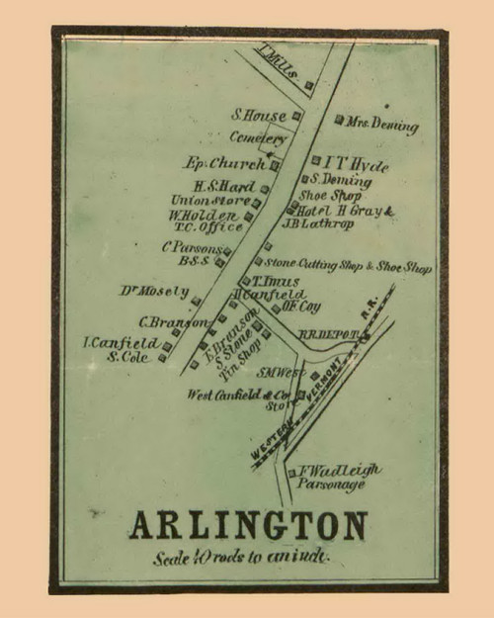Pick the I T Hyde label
coord(346,160)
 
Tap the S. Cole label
coord(127,357)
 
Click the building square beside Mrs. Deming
coord(339,121)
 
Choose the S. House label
coord(259,115)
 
